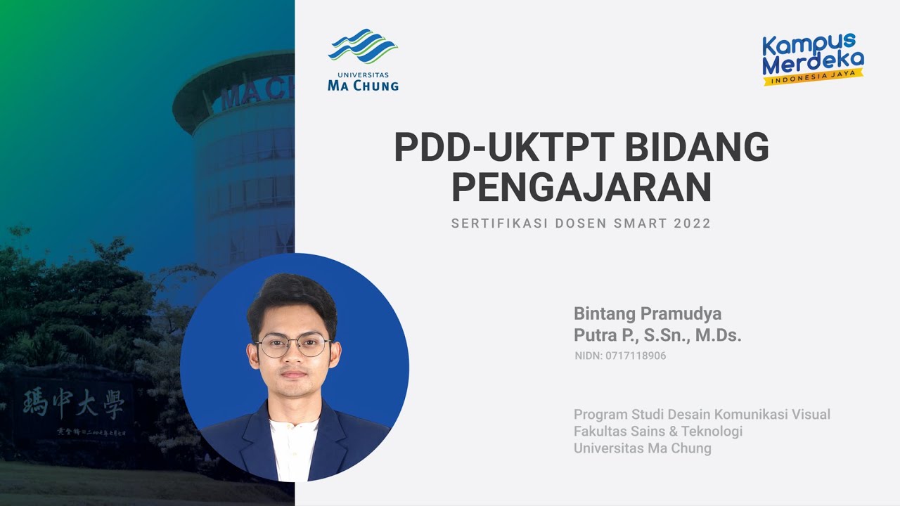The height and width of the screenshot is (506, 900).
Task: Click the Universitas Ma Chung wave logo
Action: pyautogui.click(x=363, y=46)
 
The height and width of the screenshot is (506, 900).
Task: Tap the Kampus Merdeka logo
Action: pyautogui.click(x=814, y=59)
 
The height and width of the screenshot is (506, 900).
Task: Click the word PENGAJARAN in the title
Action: pyautogui.click(x=581, y=187)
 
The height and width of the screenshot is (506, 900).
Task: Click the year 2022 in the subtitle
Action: pyautogui.click(x=692, y=223)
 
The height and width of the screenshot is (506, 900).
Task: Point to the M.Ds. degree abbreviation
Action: pyautogui.click(x=719, y=336)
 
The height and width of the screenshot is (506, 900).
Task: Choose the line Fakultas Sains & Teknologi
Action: pyautogui.click(x=658, y=431)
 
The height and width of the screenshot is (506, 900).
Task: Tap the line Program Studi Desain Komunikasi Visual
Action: pyautogui.click(x=702, y=414)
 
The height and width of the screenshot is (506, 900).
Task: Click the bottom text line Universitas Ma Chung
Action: pyautogui.click(x=643, y=448)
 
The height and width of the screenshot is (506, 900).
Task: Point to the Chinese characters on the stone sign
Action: pyautogui.click(x=74, y=403)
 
